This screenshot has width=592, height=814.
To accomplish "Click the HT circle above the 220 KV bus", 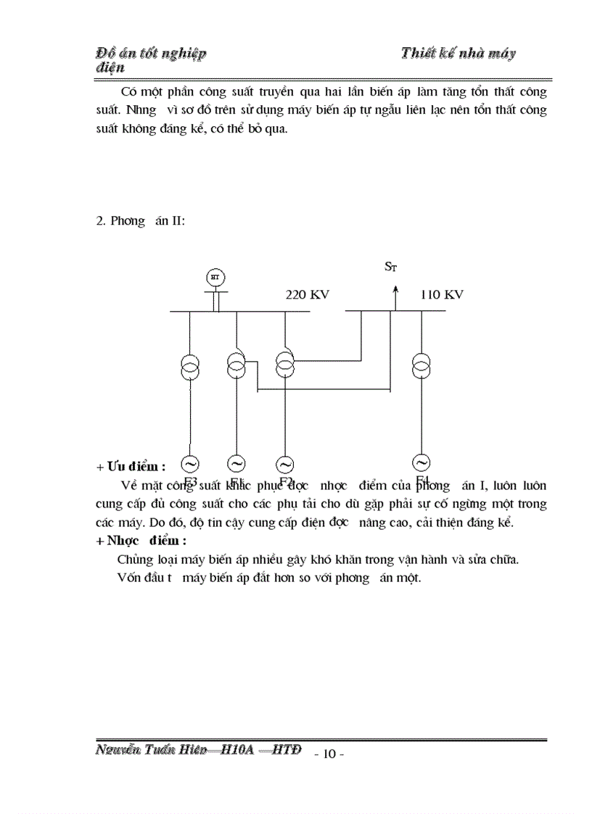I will (x=214, y=276).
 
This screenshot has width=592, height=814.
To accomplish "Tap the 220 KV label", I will (x=308, y=295).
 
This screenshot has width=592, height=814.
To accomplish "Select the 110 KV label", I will (x=442, y=295).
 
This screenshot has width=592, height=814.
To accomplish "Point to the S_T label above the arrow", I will (x=390, y=267).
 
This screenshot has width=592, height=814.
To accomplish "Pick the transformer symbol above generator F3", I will (x=189, y=367).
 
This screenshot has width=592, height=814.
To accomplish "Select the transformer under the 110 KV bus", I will (x=420, y=366).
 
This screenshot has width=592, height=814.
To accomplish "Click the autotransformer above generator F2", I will (x=284, y=364).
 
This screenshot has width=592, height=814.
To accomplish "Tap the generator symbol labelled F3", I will (x=189, y=463).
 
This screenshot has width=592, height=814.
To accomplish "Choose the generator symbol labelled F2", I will (x=284, y=464).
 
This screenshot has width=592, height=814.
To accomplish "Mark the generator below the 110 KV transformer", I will (x=420, y=462).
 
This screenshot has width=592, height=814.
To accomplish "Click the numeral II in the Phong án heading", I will (x=176, y=220).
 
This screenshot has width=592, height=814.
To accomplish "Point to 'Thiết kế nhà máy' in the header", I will (x=458, y=54).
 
